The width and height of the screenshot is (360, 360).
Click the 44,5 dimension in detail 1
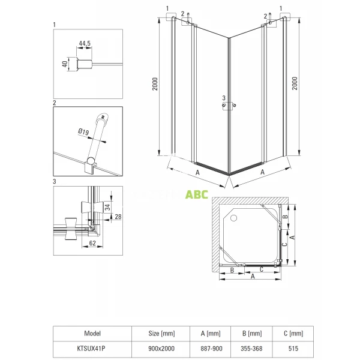pos(85,43)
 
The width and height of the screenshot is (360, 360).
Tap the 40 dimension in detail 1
pos(65,64)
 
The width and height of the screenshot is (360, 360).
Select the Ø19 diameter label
pos(83,132)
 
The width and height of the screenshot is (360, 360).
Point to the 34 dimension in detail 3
pos(107,206)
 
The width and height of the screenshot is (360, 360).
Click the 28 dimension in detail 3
pos(118,217)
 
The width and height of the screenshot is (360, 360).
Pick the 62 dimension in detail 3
pos(92,243)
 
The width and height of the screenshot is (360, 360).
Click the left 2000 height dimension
pos(155,84)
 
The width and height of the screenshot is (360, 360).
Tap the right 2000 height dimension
pos(295,83)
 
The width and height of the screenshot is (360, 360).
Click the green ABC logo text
pos(197,194)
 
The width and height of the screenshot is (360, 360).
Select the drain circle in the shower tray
pos(233,218)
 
